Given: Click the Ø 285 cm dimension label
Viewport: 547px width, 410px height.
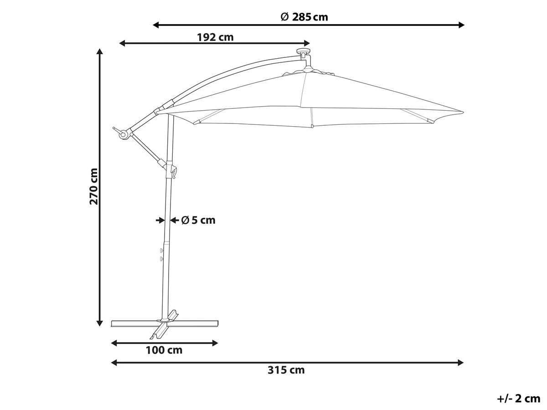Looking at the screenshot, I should tap(304, 17).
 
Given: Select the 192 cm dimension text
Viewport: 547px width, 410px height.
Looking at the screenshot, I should tap(215, 37).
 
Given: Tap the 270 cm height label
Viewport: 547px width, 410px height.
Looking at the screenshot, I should tap(93, 186).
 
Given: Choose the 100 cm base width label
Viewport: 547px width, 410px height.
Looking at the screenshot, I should tap(164, 350).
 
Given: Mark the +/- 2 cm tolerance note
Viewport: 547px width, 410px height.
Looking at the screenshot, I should tap(518, 399).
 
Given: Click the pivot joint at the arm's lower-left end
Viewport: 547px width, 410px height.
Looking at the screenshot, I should tap(123, 133).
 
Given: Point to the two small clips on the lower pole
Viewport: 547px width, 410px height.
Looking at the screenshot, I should tap(161, 254).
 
